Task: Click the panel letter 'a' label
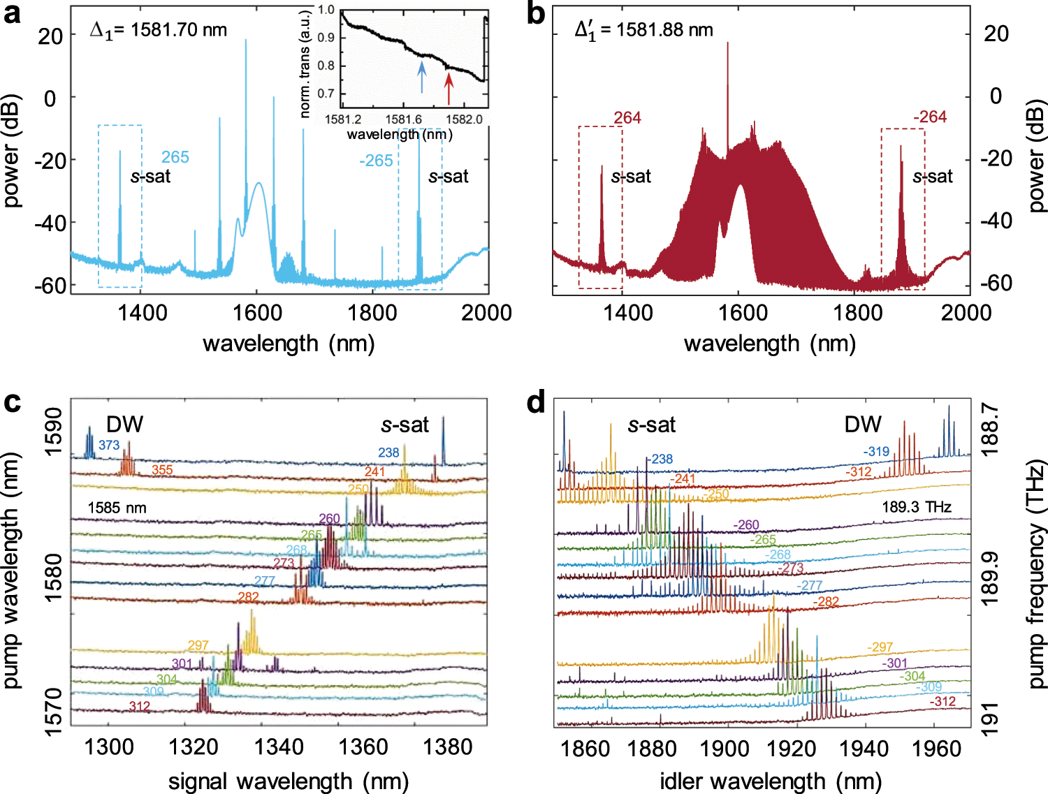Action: pyautogui.click(x=12, y=14)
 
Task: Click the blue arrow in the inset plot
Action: pyautogui.click(x=421, y=76)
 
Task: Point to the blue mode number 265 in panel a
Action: pyautogui.click(x=175, y=157)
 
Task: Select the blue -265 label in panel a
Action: pyautogui.click(x=376, y=161)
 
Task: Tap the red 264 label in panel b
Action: pyautogui.click(x=627, y=118)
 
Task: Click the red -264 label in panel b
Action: pyautogui.click(x=929, y=117)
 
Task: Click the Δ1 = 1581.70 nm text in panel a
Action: pyautogui.click(x=159, y=30)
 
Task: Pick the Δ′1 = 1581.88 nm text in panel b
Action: pyautogui.click(x=643, y=30)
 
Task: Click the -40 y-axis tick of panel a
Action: pyautogui.click(x=49, y=223)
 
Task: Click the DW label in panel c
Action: pyautogui.click(x=124, y=424)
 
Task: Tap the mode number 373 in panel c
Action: pyautogui.click(x=109, y=445)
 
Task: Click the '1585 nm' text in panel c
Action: pyautogui.click(x=117, y=508)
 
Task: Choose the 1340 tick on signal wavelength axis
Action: pyautogui.click(x=278, y=747)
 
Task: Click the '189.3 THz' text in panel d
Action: pyautogui.click(x=916, y=507)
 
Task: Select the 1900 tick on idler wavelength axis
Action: pyautogui.click(x=725, y=749)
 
